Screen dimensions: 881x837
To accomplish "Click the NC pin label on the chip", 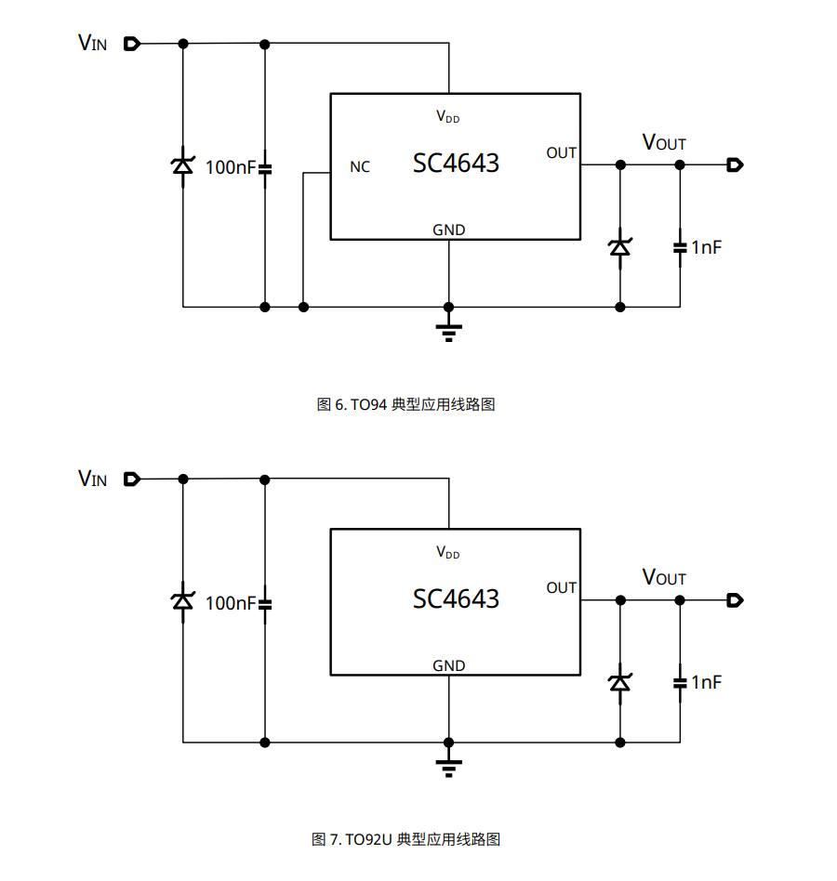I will (x=360, y=167).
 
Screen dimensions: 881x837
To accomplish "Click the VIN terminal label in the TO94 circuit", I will (x=92, y=43).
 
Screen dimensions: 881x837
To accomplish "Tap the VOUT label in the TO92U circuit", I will (x=664, y=577).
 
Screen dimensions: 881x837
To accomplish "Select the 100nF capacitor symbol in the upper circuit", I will (x=265, y=168).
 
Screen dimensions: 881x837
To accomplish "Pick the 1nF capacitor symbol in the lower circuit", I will (x=680, y=682).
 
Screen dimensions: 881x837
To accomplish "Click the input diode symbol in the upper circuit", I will (x=183, y=167).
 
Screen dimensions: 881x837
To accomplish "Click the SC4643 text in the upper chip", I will (x=456, y=164).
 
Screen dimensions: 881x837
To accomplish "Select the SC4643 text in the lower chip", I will (x=456, y=598).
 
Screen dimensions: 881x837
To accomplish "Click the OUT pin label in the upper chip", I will (x=562, y=153).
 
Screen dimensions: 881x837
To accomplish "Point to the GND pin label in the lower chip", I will (x=449, y=665).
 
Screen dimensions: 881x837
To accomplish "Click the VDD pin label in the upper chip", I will (x=448, y=117).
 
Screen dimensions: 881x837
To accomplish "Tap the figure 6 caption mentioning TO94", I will (x=406, y=404).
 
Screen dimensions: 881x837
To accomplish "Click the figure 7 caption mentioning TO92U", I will (x=406, y=839).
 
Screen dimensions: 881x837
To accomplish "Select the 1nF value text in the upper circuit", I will (x=706, y=247).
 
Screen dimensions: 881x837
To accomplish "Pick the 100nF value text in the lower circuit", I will (x=229, y=603).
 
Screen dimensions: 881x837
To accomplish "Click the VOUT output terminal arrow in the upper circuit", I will (x=735, y=165).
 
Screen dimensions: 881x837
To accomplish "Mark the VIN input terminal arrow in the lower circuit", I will (x=131, y=479).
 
